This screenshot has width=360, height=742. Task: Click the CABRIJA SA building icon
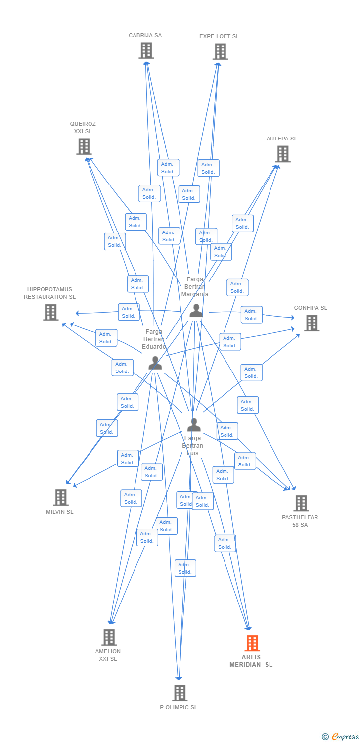(146, 50)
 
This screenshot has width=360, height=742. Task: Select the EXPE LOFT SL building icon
(220, 51)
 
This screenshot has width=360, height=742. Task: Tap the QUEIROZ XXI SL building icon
(84, 146)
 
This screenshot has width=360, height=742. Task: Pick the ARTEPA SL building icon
(282, 154)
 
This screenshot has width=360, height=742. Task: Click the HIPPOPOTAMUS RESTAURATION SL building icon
(50, 312)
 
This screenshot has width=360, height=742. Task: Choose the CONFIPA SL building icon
(311, 323)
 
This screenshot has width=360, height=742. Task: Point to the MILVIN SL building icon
(60, 497)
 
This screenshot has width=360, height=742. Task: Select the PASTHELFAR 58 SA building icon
(301, 503)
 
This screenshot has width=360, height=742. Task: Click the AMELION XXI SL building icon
(109, 637)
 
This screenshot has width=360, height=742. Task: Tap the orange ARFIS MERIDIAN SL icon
(252, 643)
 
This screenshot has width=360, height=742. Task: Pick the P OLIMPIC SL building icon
(180, 693)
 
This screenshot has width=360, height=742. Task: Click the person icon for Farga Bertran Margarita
(196, 311)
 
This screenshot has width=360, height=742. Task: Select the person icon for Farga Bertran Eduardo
(155, 363)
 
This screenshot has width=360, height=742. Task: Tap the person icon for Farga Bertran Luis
(194, 425)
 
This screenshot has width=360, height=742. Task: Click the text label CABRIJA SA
(145, 36)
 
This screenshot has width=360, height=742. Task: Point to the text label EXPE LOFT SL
(219, 37)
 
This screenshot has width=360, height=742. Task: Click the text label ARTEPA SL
(282, 139)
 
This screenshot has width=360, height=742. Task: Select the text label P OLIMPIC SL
(179, 708)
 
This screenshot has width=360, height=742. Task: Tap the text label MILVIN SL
(60, 512)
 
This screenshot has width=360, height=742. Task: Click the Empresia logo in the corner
(341, 737)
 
